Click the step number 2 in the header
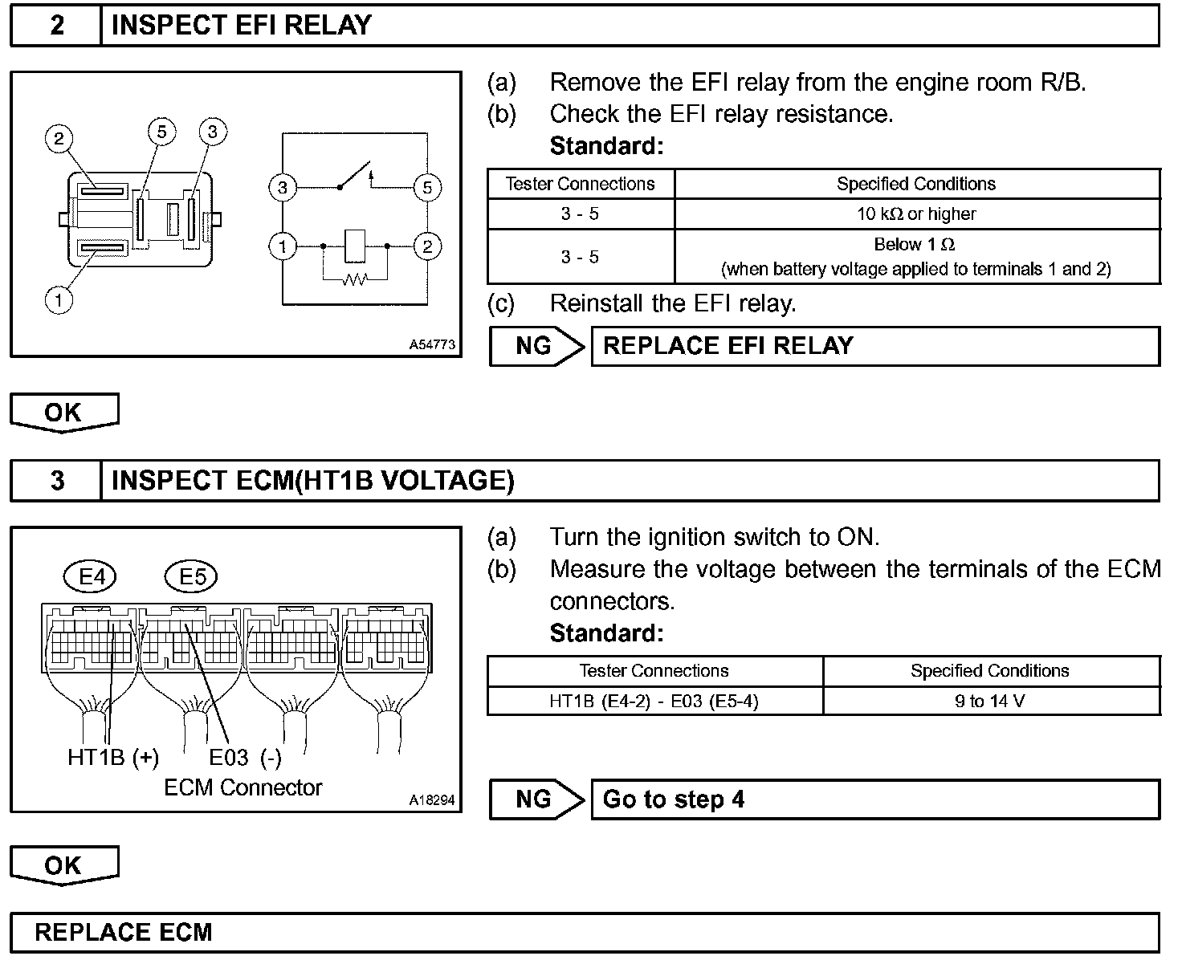point(57,26)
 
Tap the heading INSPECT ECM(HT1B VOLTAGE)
point(312,481)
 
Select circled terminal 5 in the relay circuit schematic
point(427,188)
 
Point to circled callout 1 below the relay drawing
point(59,300)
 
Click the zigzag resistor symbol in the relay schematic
point(354,279)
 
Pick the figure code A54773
point(432,344)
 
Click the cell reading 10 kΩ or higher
point(916,214)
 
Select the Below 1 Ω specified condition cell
point(916,256)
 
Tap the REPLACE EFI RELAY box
point(875,347)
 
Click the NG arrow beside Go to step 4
point(536,799)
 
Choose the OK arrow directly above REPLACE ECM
point(63,865)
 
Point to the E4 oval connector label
point(92,576)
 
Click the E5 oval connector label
point(191,576)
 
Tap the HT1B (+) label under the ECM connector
point(113,758)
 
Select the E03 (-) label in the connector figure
point(245,758)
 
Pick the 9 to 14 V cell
point(990,702)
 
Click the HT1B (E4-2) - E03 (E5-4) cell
point(654,702)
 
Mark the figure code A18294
point(432,800)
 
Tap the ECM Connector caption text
point(243,788)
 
